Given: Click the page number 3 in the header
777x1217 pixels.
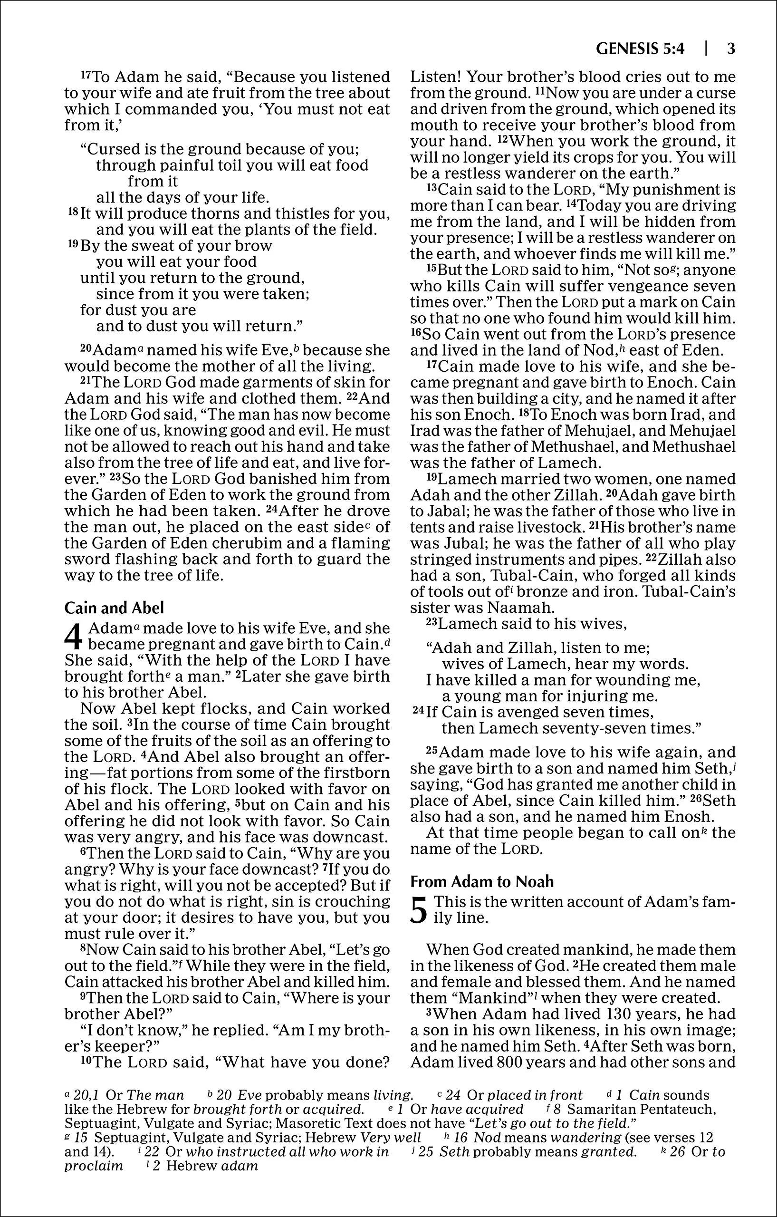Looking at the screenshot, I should click(x=730, y=49).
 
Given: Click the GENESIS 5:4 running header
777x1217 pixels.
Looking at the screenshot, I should click(x=640, y=49).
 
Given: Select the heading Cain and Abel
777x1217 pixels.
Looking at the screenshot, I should click(x=114, y=608).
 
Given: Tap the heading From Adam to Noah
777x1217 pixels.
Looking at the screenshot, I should click(x=482, y=881).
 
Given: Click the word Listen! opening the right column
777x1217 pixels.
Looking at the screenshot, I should click(x=434, y=77).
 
